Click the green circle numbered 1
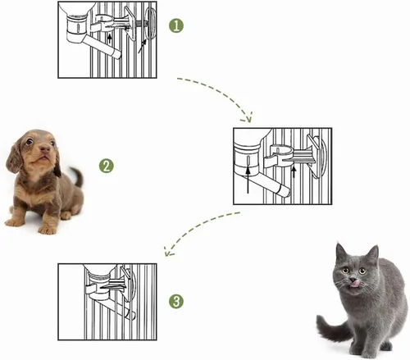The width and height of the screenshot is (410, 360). (176, 25)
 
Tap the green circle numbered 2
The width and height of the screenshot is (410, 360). (107, 166)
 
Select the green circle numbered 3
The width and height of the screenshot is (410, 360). (176, 302)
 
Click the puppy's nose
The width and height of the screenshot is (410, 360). (45, 149)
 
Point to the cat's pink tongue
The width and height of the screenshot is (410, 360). (354, 284)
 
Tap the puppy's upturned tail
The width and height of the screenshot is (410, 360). (78, 176)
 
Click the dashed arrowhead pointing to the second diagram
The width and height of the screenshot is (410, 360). (248, 117)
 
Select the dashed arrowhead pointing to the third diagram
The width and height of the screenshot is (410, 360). (168, 252)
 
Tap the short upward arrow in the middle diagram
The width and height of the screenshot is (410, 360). (294, 172)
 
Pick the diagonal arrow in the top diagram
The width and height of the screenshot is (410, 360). (143, 46)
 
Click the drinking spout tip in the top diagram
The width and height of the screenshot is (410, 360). (117, 55)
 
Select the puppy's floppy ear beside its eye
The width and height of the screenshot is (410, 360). (14, 159)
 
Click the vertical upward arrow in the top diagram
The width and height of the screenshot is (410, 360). (110, 39)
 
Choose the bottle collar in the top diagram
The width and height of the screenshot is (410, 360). (77, 26)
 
